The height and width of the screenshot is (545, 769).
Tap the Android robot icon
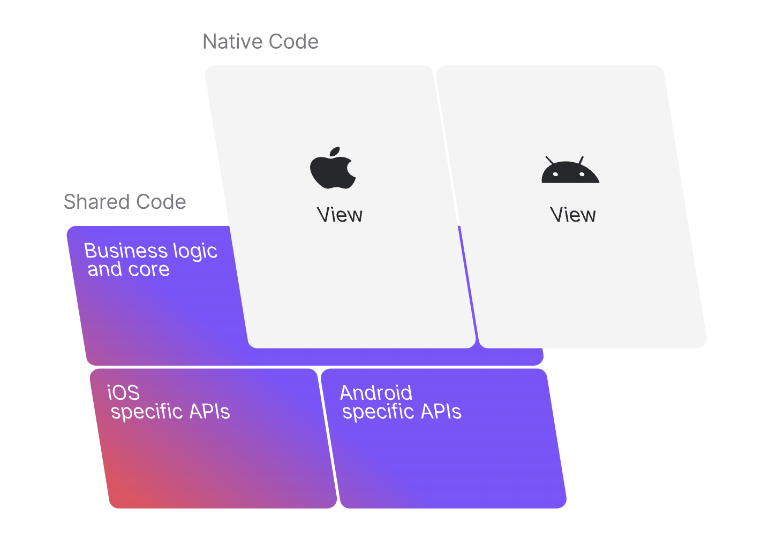point(570,172)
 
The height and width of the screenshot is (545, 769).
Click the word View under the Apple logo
point(340,215)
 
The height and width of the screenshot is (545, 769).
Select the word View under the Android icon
point(572,215)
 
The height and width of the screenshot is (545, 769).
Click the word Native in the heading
point(232,42)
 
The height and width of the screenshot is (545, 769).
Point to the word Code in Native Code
point(293,42)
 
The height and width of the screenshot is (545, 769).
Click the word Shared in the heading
point(97,202)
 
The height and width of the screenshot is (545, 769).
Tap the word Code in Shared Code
point(161,202)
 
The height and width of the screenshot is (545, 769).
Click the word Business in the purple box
point(126,251)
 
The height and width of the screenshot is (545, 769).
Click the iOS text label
point(123,393)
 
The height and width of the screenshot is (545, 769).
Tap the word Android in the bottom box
point(376,393)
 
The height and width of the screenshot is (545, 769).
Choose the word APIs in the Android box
point(441,412)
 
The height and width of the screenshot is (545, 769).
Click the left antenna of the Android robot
point(549,160)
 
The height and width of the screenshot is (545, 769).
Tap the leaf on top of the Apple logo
point(335,151)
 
